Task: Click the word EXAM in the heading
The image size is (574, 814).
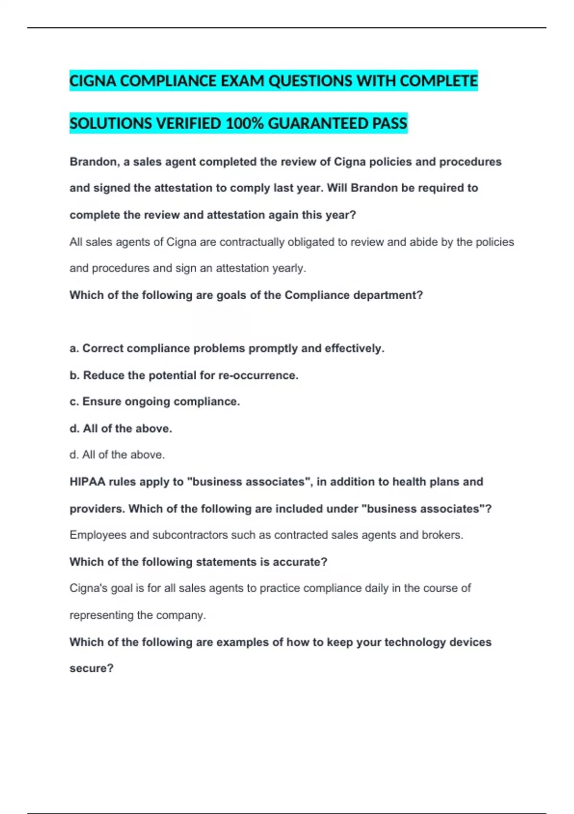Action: (x=242, y=81)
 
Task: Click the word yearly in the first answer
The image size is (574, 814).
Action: (x=289, y=268)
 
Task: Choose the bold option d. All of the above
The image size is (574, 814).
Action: (x=121, y=429)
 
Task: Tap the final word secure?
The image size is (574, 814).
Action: (x=91, y=668)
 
